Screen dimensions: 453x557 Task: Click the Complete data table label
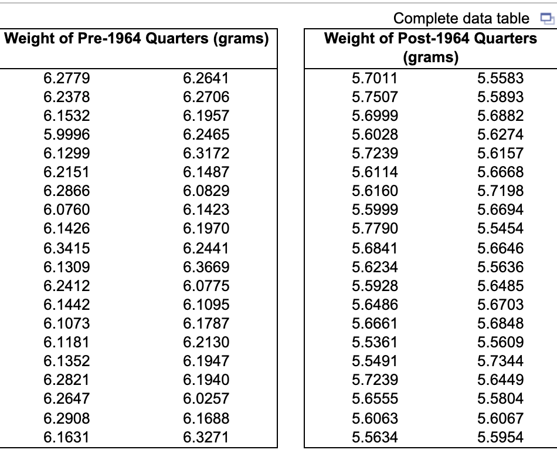[461, 19]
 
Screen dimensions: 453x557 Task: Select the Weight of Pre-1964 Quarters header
[137, 39]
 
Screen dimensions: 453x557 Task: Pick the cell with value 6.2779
[67, 78]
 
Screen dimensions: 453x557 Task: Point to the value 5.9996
[67, 134]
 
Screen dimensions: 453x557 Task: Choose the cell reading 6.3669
[206, 267]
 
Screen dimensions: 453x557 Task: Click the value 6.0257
[206, 399]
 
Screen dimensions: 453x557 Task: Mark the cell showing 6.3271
[206, 437]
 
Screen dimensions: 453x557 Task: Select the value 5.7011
[375, 78]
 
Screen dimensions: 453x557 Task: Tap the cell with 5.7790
[375, 228]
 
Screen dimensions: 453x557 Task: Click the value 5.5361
[375, 342]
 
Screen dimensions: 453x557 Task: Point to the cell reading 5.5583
[500, 78]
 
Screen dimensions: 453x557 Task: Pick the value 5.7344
[500, 361]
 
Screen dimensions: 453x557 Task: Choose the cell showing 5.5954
[500, 437]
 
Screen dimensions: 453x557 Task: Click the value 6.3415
[67, 248]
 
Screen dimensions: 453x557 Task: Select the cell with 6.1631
[67, 437]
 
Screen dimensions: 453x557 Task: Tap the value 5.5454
[500, 228]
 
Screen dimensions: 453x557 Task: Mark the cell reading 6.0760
[67, 209]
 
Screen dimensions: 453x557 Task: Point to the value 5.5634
[375, 437]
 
